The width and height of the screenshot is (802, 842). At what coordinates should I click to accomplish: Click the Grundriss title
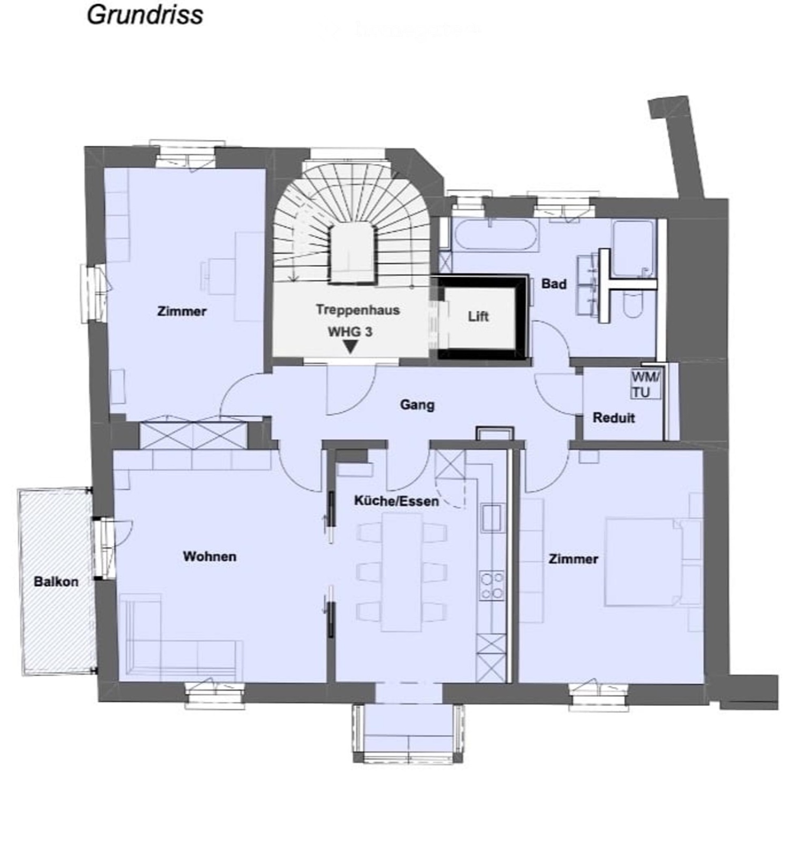point(145,15)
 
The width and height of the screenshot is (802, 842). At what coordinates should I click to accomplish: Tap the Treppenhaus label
point(357,310)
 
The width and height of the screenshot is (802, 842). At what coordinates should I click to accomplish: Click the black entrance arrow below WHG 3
point(350,347)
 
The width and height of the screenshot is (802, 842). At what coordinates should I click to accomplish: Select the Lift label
point(478,316)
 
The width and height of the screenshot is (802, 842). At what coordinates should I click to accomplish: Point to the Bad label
point(554,284)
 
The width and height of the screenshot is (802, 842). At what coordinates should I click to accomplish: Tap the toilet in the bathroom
point(632,305)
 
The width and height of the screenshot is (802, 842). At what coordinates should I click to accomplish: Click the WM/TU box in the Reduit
point(645,384)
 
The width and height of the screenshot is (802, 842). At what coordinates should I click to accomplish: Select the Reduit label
point(613,418)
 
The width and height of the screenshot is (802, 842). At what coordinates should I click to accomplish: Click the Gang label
point(417,405)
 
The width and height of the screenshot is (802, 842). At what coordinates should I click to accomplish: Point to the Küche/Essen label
point(396,501)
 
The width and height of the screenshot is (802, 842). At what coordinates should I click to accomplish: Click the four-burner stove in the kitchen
point(492,586)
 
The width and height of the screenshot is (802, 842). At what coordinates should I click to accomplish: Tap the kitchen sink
point(492,517)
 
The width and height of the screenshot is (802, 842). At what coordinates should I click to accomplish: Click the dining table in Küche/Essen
point(402,572)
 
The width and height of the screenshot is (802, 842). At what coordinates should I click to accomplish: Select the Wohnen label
point(209,556)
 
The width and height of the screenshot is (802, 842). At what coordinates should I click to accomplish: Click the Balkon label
point(56,582)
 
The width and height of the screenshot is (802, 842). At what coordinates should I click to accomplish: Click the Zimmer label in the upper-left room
point(182,311)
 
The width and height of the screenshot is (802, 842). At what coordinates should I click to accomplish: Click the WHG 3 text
point(350,332)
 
